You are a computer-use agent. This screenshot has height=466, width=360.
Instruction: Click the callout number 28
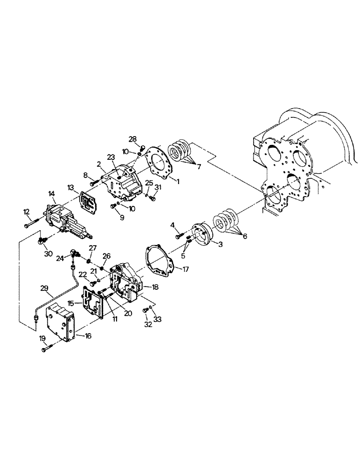(133, 139)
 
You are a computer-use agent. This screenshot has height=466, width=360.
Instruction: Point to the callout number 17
(185, 269)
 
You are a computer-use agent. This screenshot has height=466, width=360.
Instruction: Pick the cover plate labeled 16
(60, 322)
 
